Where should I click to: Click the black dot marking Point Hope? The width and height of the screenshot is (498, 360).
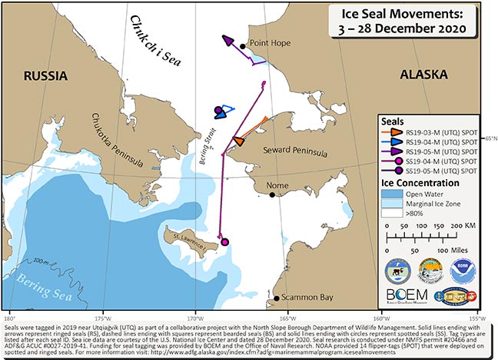(x=244, y=45)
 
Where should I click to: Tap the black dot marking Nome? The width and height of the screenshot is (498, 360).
(x=273, y=195)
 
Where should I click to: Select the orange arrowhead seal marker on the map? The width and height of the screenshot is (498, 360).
(x=239, y=141)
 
